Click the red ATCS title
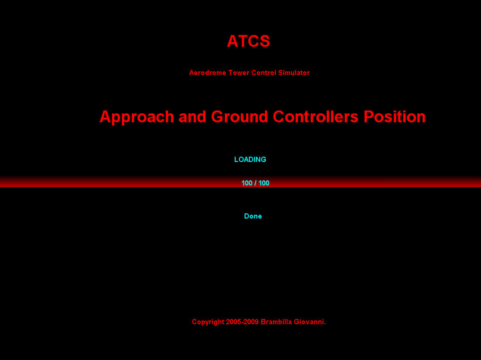248,41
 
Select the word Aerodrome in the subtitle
207,73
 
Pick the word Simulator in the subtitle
294,73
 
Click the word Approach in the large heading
137,117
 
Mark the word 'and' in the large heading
192,117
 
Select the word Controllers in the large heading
315,117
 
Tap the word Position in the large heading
395,117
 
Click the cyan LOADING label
250,159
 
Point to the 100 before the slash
247,183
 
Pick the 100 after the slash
264,183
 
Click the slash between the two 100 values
255,183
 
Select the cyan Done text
253,216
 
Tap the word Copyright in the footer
208,322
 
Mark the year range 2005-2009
242,322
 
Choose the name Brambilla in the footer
276,322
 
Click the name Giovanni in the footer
309,322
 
